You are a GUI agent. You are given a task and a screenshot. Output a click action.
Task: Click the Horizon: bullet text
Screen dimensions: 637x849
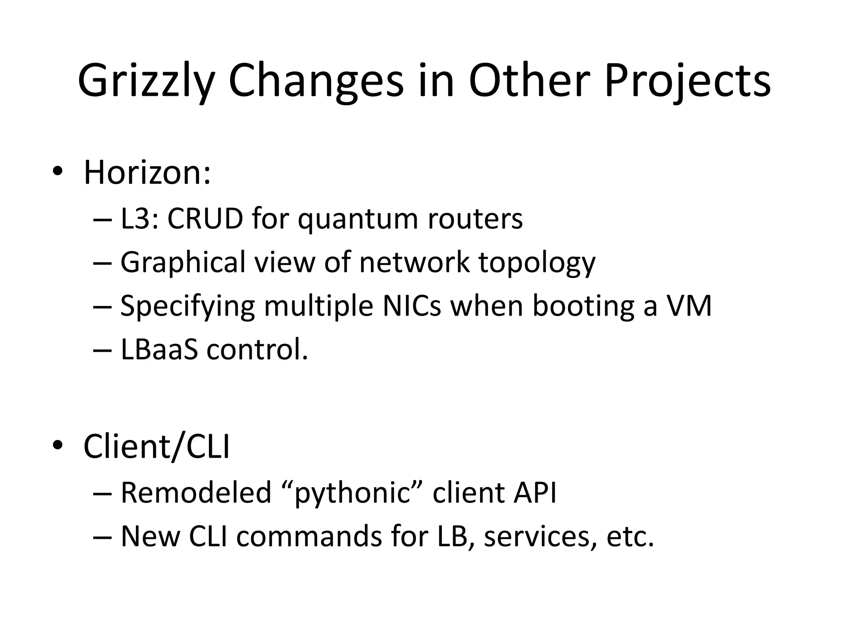coord(147,173)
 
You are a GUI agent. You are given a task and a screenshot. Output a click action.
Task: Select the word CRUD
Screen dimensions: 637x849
coord(205,219)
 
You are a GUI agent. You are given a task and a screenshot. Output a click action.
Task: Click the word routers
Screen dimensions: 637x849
coord(475,219)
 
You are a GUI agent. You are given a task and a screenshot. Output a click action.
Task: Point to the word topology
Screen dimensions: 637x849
coord(537,263)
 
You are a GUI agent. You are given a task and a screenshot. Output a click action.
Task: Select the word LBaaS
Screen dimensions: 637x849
coord(159,349)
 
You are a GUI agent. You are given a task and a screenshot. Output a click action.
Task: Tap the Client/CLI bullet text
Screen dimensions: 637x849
coord(156,446)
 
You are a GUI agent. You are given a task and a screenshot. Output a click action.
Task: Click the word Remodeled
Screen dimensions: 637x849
coord(196,493)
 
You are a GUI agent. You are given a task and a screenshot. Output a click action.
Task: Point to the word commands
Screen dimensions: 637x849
coord(308,536)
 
